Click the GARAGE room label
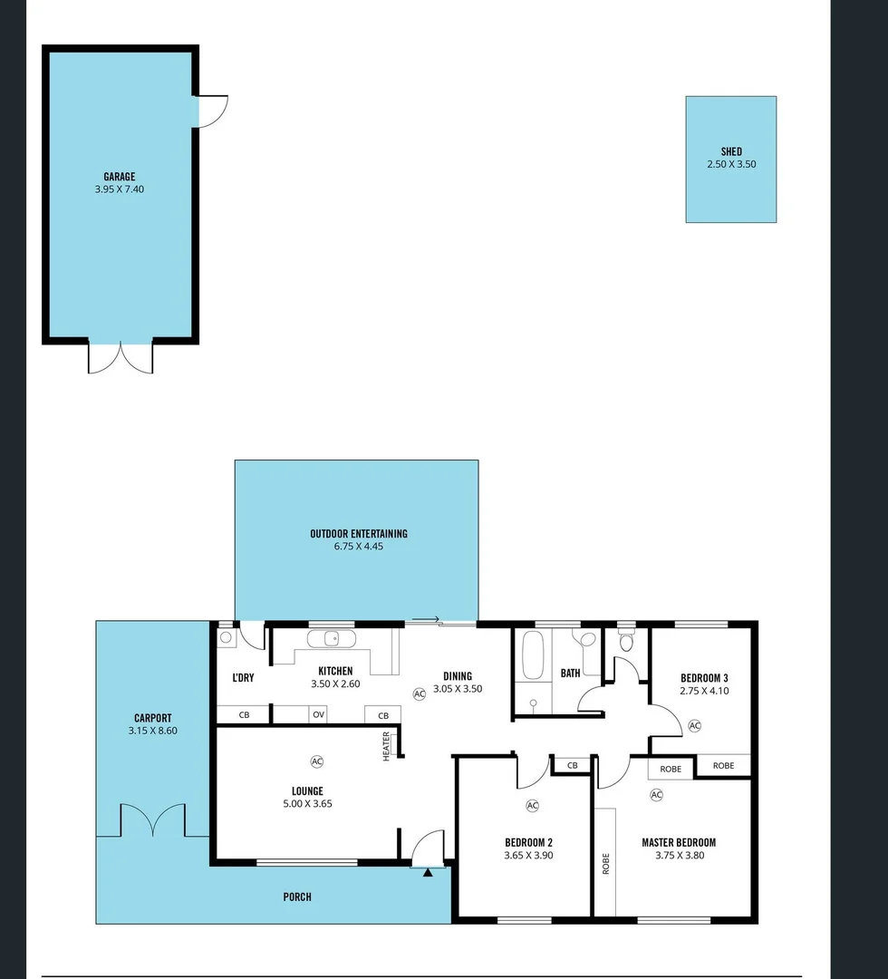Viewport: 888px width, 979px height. pyautogui.click(x=119, y=177)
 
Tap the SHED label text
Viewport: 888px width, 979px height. pyautogui.click(x=731, y=151)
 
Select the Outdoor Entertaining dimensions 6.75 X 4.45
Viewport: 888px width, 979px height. pyautogui.click(x=358, y=547)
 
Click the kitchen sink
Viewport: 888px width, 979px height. pyautogui.click(x=333, y=638)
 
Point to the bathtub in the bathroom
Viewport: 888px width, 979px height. pyautogui.click(x=532, y=655)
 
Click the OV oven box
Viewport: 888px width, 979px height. pyautogui.click(x=318, y=714)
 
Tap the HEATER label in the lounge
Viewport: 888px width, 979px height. pyautogui.click(x=387, y=746)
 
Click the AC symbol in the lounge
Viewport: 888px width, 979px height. pyautogui.click(x=316, y=761)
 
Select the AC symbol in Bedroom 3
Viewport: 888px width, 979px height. pyautogui.click(x=695, y=725)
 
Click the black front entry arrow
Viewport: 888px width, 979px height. pyautogui.click(x=428, y=872)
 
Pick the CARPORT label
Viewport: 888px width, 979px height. pyautogui.click(x=152, y=718)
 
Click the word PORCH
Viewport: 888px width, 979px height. pyautogui.click(x=297, y=897)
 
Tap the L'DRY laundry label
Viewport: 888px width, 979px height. pyautogui.click(x=243, y=677)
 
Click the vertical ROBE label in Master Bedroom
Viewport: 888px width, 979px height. pyautogui.click(x=605, y=862)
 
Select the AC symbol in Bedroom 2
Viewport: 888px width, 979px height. pyautogui.click(x=532, y=805)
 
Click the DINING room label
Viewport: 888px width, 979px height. pyautogui.click(x=457, y=675)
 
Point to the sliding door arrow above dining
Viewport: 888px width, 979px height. pyautogui.click(x=427, y=620)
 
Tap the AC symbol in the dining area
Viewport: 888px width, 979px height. pyautogui.click(x=419, y=693)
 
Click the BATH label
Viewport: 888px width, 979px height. pyautogui.click(x=570, y=674)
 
